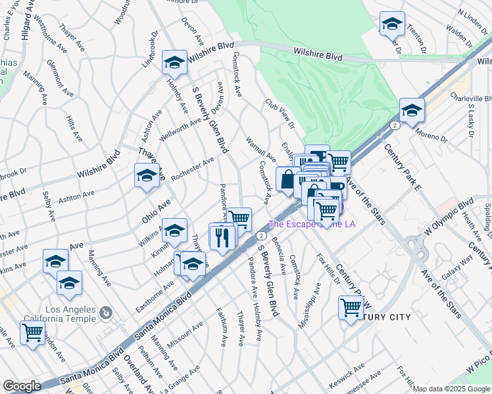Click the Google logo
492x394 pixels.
click(22, 386)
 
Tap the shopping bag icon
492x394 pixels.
click(288, 179)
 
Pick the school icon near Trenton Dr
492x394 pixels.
click(392, 24)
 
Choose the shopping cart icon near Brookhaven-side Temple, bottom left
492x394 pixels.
click(32, 333)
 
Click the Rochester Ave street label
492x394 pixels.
click(193, 169)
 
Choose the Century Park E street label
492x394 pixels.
click(403, 168)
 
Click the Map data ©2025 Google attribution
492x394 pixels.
click(451, 389)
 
